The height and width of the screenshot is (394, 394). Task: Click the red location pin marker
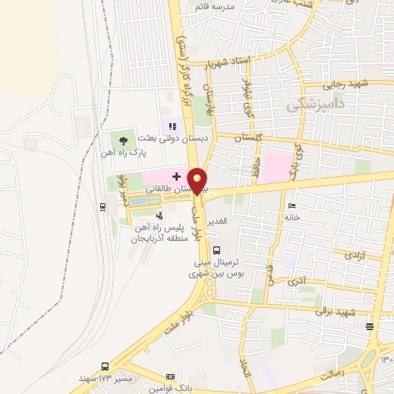(198, 180)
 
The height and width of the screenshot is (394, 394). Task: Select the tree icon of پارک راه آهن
(123, 140)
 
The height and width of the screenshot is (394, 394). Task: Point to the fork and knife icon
(172, 126)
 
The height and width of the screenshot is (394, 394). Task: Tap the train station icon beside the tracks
(102, 206)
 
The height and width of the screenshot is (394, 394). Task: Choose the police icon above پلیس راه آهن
(159, 216)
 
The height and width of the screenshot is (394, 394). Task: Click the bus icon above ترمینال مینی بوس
(216, 249)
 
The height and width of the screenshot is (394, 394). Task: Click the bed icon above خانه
(290, 205)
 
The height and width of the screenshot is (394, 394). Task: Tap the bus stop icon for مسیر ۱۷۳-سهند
(105, 366)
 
